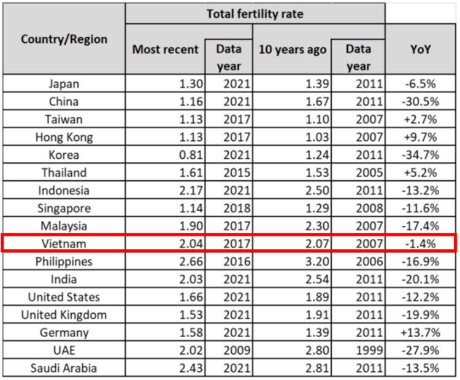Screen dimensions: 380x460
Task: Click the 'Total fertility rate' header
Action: pos(255,13)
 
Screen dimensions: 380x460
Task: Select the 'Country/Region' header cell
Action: pos(64,39)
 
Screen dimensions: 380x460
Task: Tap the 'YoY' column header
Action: pos(420,49)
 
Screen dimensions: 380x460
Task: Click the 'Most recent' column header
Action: pos(166,49)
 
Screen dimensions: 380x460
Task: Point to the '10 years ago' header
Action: pos(293,49)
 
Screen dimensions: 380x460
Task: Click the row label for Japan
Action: pos(64,85)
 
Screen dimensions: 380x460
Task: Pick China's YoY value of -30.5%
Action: pos(421,102)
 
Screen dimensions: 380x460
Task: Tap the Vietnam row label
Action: pos(64,244)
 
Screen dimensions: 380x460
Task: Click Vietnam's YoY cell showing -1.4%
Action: pos(421,244)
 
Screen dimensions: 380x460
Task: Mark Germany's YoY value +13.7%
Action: pos(420,333)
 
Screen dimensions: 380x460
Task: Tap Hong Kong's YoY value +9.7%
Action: pos(421,138)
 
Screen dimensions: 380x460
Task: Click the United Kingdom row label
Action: pos(64,315)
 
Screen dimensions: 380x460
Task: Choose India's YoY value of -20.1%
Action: pos(421,279)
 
